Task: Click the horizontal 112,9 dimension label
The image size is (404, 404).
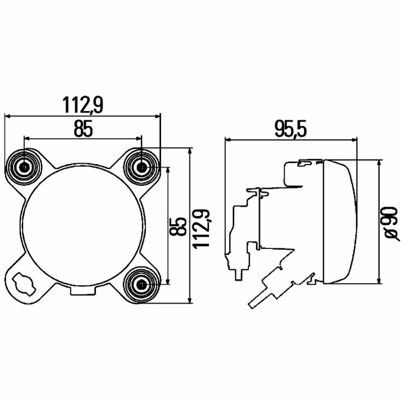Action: [x=83, y=105]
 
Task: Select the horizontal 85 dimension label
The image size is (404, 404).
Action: [x=83, y=129]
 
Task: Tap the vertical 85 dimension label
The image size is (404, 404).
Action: [x=178, y=226]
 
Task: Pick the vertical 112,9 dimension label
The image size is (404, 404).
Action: [x=202, y=228]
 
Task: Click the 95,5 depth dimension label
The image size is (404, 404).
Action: [x=291, y=129]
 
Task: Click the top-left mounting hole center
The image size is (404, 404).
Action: [x=24, y=167]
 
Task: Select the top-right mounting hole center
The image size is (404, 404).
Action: [x=142, y=167]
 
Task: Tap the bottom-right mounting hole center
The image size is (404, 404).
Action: [x=142, y=285]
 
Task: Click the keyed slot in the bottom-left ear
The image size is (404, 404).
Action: [x=24, y=284]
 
